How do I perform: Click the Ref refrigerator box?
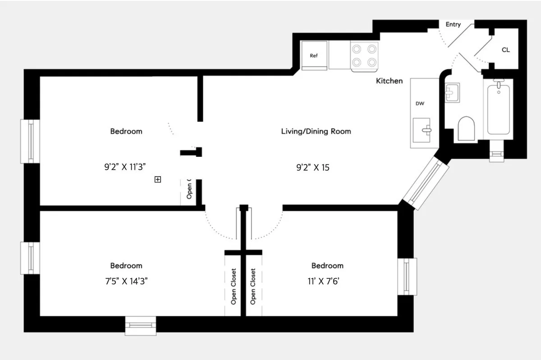pos(314,55)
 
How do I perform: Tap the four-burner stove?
pos(364,55)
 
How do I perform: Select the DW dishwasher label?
pos(420,104)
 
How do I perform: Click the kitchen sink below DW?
pos(422,130)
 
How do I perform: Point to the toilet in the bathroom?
pos(466,129)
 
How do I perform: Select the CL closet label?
pos(505,50)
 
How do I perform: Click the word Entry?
pos(453,24)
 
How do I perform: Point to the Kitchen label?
pos(390,81)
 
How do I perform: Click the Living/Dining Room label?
pos(316,132)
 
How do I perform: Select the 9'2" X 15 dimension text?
pos(313,168)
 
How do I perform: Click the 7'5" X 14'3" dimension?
pos(126,281)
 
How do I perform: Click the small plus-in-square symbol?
pos(158,179)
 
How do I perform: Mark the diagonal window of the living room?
pos(426,182)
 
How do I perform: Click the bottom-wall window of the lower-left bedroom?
pos(140,326)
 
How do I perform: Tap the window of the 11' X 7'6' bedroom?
pos(407,276)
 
